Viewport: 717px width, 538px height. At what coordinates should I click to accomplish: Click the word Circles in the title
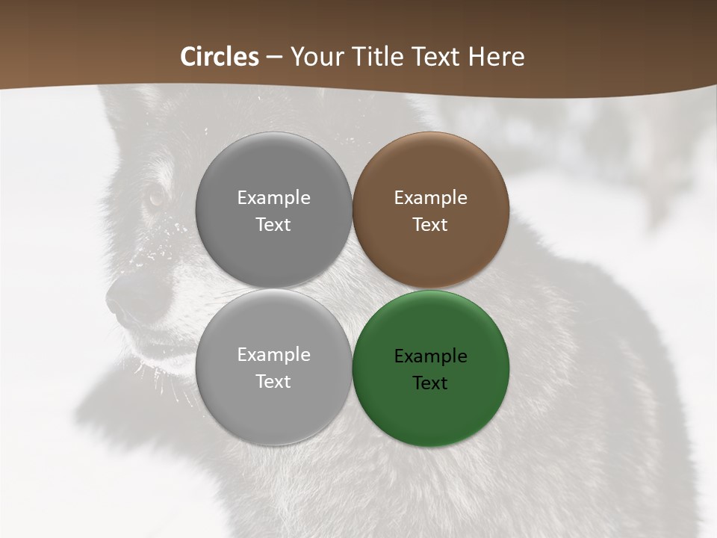pyautogui.click(x=220, y=57)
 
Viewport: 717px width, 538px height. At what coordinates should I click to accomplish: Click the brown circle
pyautogui.click(x=431, y=210)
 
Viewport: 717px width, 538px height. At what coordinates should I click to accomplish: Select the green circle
pyautogui.click(x=431, y=368)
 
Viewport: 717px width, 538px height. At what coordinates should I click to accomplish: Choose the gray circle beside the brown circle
pyautogui.click(x=273, y=210)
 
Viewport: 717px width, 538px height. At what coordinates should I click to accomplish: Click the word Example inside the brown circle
pyautogui.click(x=430, y=198)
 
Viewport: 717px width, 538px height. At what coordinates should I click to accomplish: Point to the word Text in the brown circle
pyautogui.click(x=430, y=225)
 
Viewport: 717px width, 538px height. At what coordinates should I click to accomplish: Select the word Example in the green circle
pyautogui.click(x=430, y=356)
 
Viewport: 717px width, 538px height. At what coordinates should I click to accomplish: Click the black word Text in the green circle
pyautogui.click(x=430, y=383)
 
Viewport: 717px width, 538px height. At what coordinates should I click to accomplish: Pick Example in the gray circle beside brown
pyautogui.click(x=273, y=198)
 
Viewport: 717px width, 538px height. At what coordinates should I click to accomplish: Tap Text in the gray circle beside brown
pyautogui.click(x=273, y=225)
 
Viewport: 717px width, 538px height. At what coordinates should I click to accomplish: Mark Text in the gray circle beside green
pyautogui.click(x=273, y=382)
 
